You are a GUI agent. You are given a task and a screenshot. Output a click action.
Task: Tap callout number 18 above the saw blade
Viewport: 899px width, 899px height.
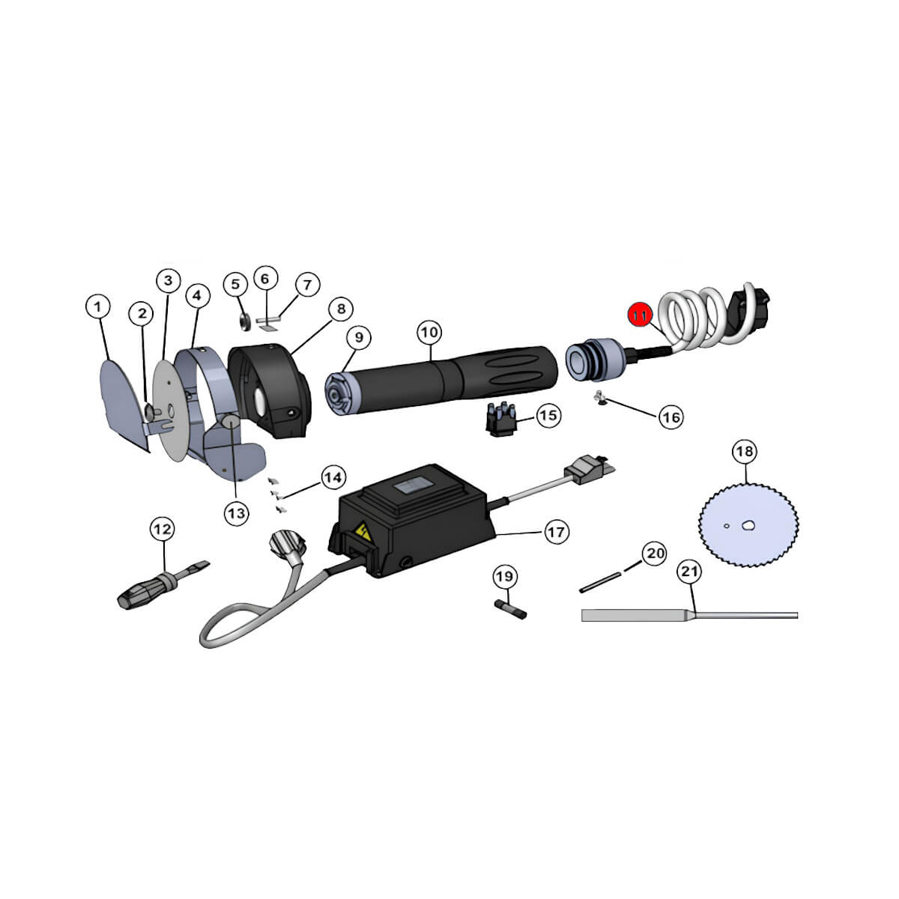point(745,451)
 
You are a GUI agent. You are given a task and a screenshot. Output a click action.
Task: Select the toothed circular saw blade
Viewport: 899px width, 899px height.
point(748,525)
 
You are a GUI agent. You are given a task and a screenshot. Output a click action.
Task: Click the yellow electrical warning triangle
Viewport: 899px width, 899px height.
point(363,532)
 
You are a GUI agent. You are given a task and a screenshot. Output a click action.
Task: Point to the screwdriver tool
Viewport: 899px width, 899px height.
point(162,586)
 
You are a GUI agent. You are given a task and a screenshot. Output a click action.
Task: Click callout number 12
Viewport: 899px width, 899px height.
point(163,529)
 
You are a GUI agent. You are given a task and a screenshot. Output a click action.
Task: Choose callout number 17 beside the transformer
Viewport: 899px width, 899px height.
point(556,531)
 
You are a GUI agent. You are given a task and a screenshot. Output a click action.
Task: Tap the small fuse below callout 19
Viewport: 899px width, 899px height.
point(510,610)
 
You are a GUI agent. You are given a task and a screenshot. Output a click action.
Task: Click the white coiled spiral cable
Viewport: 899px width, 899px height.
point(695,317)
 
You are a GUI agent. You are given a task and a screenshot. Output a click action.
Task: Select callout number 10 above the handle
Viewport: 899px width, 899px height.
point(429,332)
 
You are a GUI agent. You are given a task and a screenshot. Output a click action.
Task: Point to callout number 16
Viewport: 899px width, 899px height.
point(671,417)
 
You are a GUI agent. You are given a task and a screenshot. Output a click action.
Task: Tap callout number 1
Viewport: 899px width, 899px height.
point(98,306)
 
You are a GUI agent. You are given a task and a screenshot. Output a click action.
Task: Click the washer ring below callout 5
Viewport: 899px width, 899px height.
point(245,321)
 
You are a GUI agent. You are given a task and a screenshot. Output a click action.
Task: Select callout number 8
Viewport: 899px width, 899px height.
point(341,309)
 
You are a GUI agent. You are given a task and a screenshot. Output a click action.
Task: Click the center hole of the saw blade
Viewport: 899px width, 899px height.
point(748,525)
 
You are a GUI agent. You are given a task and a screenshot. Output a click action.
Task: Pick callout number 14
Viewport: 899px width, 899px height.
point(333,477)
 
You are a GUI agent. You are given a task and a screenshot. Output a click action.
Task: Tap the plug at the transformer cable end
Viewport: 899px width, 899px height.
point(590,470)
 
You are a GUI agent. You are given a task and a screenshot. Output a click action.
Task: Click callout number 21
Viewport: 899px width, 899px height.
point(689,572)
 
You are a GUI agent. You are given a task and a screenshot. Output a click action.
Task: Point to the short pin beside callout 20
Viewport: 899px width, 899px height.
point(600,583)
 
